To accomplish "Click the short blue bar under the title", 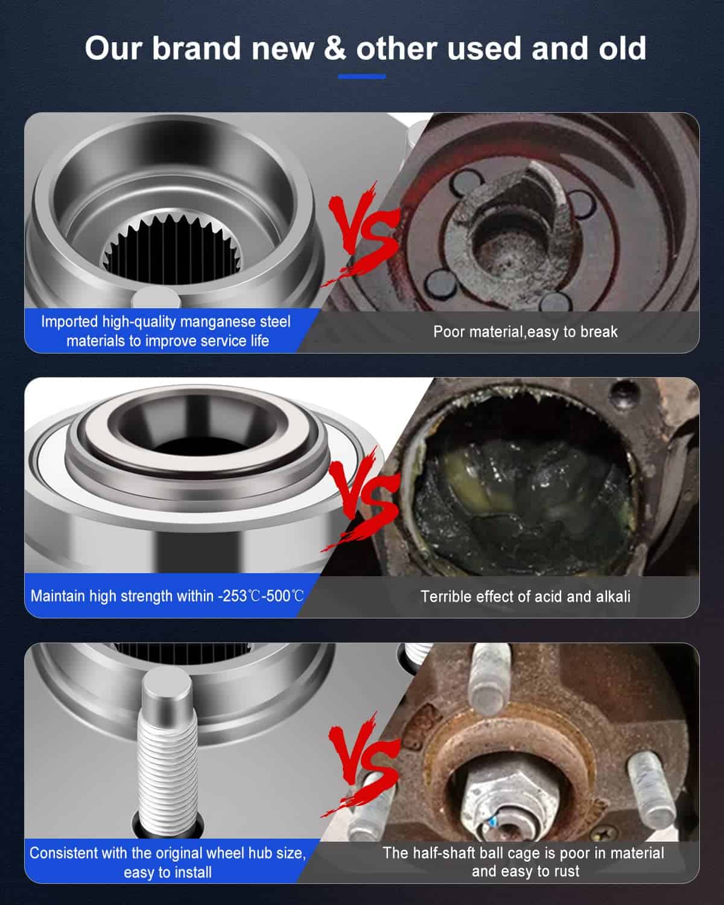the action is [362, 77].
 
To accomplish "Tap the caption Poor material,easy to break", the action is [526, 332].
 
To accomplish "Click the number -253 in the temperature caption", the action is [232, 596].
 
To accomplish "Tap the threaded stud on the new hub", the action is [168, 757].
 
